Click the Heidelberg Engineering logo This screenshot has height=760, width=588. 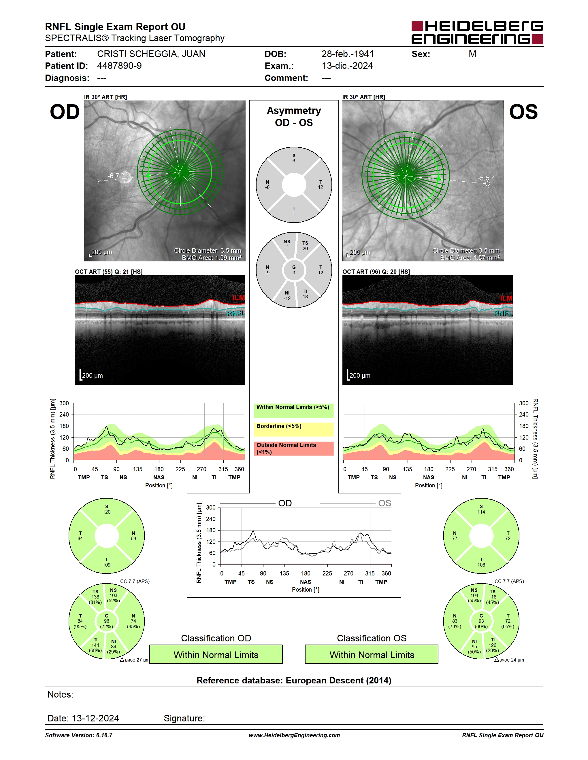point(477,33)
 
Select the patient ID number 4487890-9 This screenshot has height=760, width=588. point(119,66)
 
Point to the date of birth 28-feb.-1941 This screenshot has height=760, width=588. point(348,54)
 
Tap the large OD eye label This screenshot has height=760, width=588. point(65,112)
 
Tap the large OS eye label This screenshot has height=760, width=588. point(523,112)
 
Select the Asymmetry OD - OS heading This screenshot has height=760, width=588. point(294,117)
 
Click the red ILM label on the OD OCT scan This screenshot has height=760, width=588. point(239,298)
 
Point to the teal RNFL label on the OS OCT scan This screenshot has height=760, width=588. point(503,313)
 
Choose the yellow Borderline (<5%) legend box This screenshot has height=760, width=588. point(294,430)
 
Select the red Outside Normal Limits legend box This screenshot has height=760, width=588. point(294,449)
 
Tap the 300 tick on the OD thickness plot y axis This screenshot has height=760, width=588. point(64,403)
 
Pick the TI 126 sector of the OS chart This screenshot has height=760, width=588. point(493,645)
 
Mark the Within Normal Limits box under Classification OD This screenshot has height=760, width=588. point(216,654)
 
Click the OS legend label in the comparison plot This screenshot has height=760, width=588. point(385,503)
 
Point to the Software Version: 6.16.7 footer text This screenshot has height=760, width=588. point(79,735)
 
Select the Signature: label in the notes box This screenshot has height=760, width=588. point(184,718)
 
